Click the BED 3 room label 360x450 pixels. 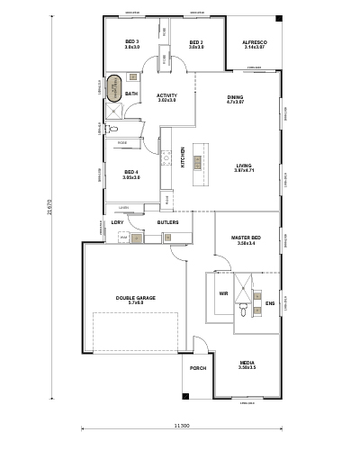click(132, 42)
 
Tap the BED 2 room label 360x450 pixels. click(196, 42)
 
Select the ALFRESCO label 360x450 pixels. click(253, 42)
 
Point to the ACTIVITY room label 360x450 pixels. click(166, 95)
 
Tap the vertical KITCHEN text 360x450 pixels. click(184, 157)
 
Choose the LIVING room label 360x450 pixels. click(244, 166)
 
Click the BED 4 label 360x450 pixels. click(131, 171)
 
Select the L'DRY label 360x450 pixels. click(117, 220)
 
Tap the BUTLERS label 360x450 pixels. click(167, 220)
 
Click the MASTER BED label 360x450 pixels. click(246, 238)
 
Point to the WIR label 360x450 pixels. click(222, 293)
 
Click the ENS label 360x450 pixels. click(269, 302)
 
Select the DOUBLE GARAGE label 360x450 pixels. click(135, 298)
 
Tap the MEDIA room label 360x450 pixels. click(247, 364)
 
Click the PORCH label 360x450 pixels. click(198, 368)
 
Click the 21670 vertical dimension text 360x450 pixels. click(50, 207)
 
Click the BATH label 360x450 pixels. click(131, 94)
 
